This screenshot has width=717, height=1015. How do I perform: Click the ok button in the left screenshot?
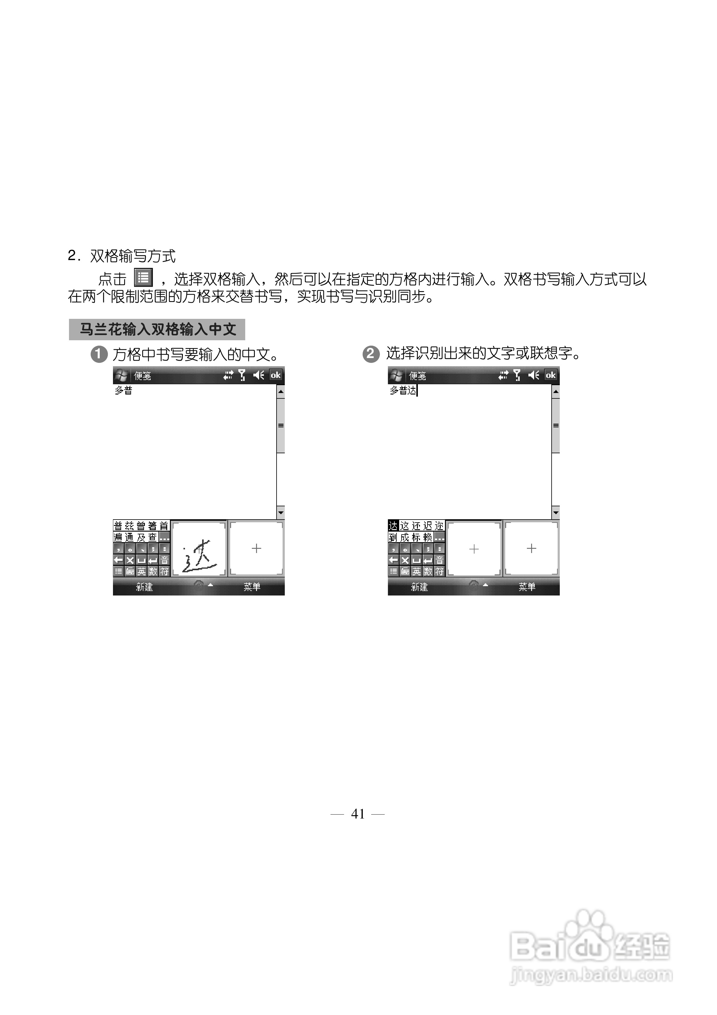point(275,375)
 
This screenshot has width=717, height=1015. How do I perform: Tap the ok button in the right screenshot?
point(550,375)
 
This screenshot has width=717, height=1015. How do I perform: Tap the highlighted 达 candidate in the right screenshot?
point(393,526)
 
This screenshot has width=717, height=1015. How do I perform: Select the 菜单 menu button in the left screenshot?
point(252,587)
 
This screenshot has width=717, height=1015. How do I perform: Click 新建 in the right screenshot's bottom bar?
point(419,587)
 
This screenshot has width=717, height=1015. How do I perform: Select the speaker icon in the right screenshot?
point(534,375)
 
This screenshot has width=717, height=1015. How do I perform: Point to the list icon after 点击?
point(143,278)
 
